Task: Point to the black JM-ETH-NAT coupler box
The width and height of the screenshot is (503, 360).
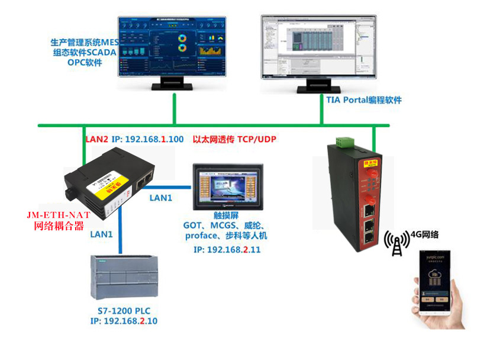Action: [110, 187]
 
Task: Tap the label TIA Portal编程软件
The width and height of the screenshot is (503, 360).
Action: [364, 100]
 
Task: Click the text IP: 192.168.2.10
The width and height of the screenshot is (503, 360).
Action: [124, 321]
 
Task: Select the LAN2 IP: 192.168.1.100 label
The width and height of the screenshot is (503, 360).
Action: [134, 140]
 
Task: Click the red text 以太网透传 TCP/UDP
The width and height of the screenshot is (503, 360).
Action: [235, 140]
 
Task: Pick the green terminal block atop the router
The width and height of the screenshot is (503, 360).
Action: [344, 143]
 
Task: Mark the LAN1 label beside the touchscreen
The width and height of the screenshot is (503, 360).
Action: [160, 198]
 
